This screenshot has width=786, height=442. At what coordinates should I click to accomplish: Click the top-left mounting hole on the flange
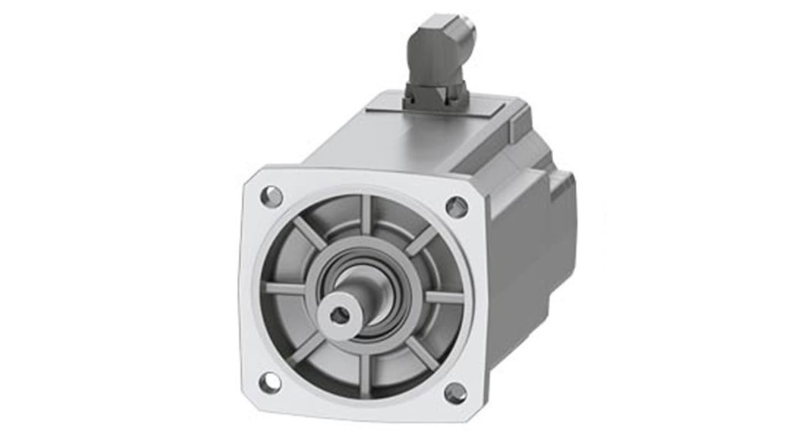pyautogui.click(x=271, y=197)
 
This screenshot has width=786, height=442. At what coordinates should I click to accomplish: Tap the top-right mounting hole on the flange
pyautogui.click(x=457, y=207)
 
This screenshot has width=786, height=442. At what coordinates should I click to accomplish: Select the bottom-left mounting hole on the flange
pyautogui.click(x=270, y=383)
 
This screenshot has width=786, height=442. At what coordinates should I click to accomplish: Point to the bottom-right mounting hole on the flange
pyautogui.click(x=456, y=393)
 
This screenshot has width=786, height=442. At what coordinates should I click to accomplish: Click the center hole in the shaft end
pyautogui.click(x=340, y=315)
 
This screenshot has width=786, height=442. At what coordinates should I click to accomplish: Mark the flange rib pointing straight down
pyautogui.click(x=364, y=377)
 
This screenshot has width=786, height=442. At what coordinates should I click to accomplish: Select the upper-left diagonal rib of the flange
pyautogui.click(x=309, y=233)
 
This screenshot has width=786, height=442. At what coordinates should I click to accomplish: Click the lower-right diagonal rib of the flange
pyautogui.click(x=422, y=353)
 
